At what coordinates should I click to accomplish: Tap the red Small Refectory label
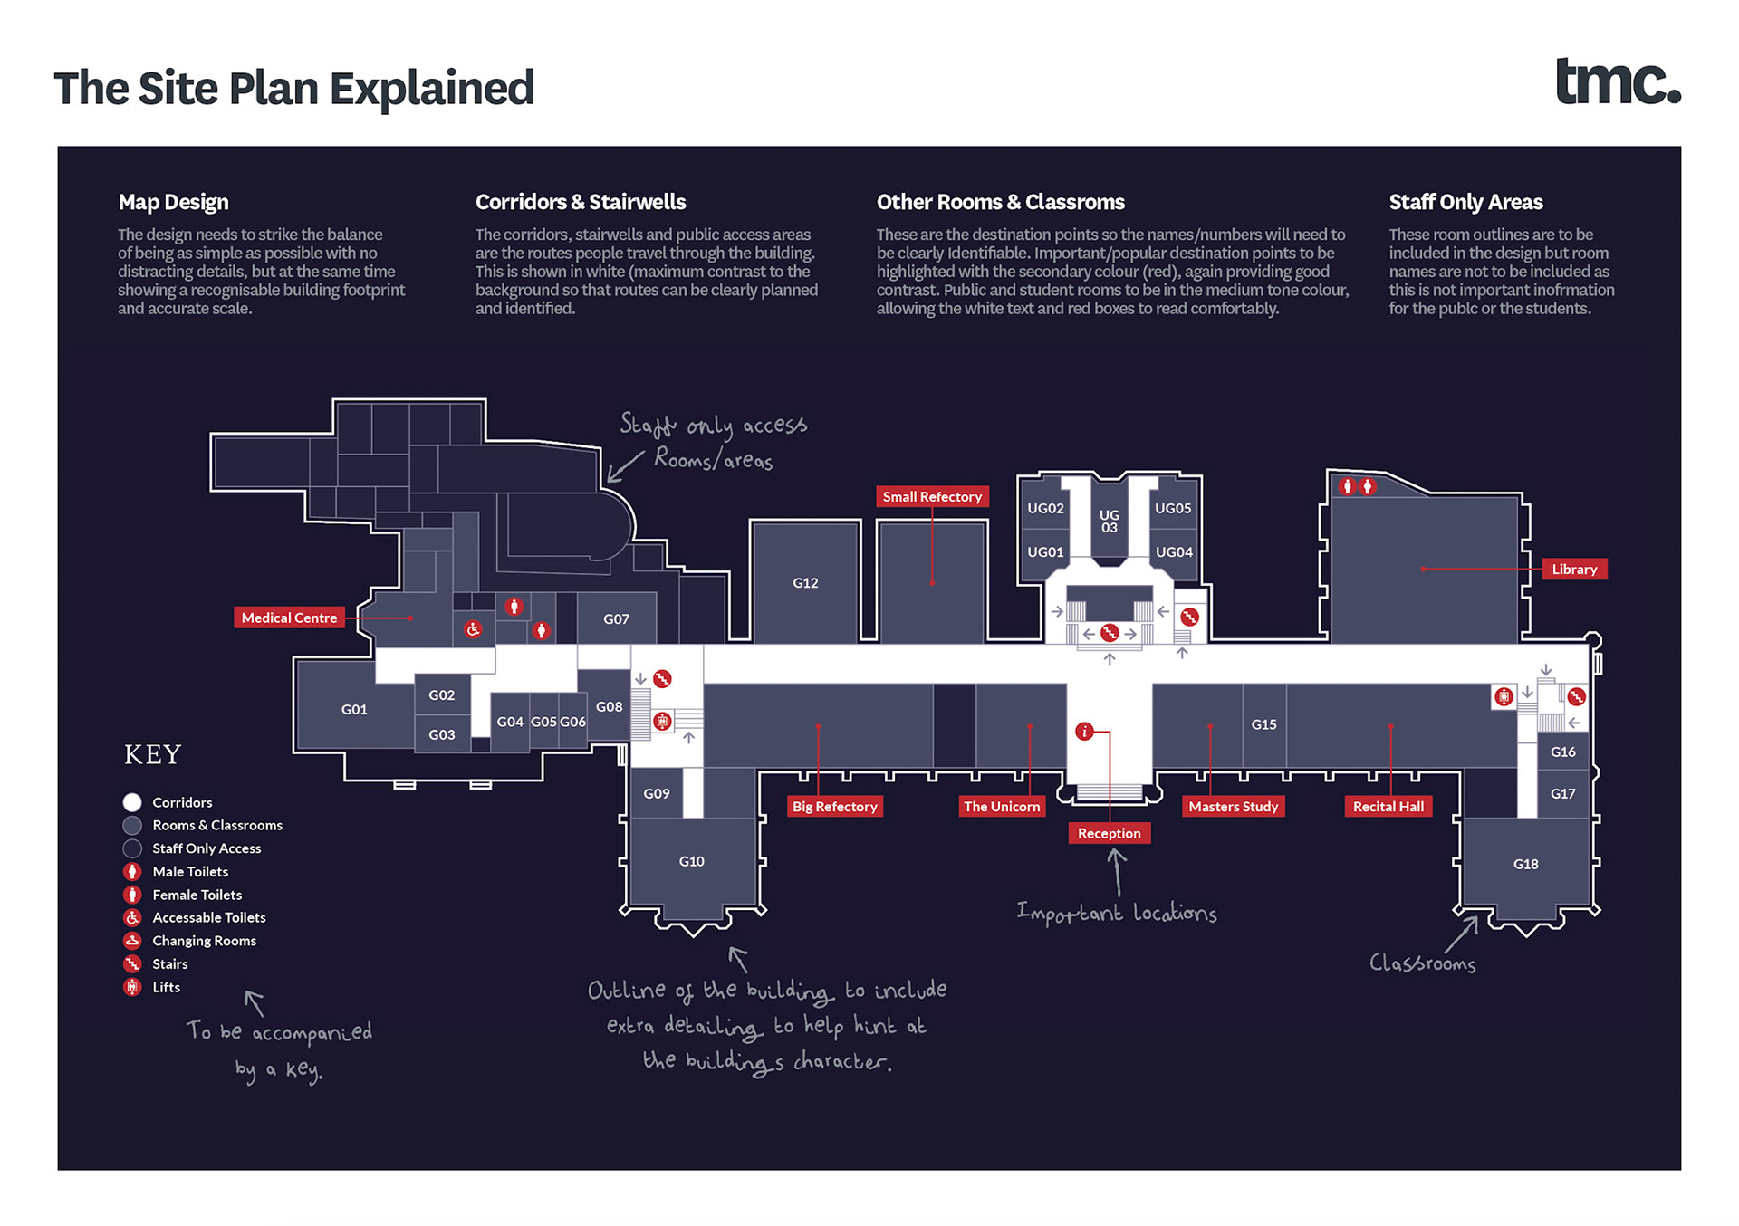point(932,496)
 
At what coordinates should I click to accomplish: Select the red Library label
point(1574,569)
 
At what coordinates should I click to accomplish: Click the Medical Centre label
point(289,618)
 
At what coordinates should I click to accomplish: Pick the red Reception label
point(1109,833)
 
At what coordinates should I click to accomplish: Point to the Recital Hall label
point(1388,806)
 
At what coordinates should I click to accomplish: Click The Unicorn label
point(1002,806)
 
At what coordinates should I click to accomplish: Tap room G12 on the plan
point(805,583)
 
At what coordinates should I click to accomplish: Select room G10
point(691,861)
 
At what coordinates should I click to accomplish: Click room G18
point(1525,864)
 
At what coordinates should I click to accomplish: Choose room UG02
point(1045,508)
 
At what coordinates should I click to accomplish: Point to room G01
point(354,709)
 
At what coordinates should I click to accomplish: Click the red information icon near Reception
point(1084,732)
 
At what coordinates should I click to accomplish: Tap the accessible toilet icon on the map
point(473,629)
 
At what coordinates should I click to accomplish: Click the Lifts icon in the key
point(132,987)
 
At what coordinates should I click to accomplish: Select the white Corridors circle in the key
point(132,802)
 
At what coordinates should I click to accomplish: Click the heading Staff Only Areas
point(1465,202)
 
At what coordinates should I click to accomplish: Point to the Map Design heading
point(173,202)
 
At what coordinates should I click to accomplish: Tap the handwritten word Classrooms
point(1422,963)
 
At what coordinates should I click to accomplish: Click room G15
point(1263,724)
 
